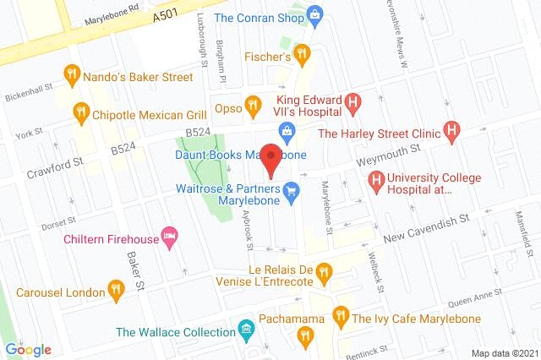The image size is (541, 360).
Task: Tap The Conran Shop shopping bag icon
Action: (315, 14)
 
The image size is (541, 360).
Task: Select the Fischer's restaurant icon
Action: (302, 56)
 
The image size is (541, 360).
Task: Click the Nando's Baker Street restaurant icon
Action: (73, 76)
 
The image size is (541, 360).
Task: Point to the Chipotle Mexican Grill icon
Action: (81, 110)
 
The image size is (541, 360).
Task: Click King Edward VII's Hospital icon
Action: (354, 106)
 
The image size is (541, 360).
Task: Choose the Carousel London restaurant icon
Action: (117, 292)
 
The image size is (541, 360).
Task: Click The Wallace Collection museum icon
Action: (245, 327)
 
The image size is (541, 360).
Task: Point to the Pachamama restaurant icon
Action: (304, 338)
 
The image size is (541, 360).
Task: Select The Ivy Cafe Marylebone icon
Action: (341, 318)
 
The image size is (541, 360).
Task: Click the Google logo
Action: (28, 350)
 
